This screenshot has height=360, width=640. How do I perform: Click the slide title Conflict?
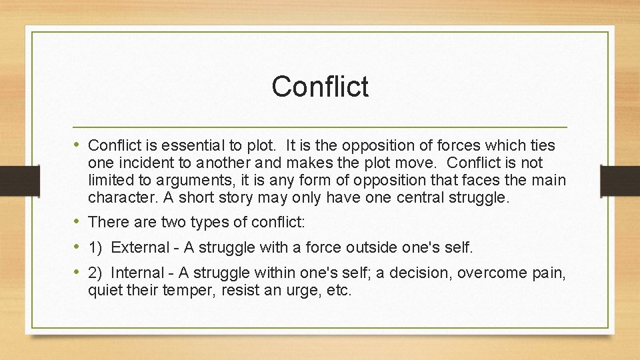coord(320,86)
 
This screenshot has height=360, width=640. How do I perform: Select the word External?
coord(140,247)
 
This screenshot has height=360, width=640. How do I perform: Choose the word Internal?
coord(137,273)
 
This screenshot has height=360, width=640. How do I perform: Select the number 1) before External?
coord(95,247)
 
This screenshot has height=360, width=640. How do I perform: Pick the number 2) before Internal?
coord(95,273)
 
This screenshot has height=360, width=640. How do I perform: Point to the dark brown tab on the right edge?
coord(620,180)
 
